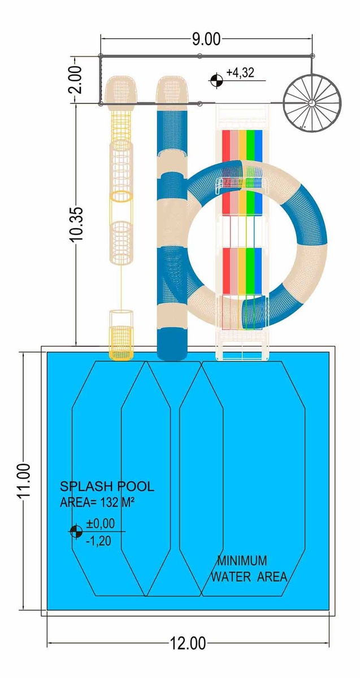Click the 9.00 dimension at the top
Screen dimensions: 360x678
point(206,40)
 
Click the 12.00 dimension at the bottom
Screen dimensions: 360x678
point(188,643)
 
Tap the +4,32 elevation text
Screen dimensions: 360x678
point(240,73)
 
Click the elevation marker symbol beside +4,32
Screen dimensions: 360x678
point(216,80)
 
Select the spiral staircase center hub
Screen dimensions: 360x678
point(311,103)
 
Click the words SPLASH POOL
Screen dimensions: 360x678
point(107,486)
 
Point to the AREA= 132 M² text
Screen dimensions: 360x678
point(97,502)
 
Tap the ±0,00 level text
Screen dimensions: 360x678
point(101,523)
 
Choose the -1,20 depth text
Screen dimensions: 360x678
point(98,541)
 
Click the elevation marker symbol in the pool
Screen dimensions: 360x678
point(76,531)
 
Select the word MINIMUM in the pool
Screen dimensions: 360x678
point(242,560)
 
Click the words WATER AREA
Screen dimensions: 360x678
point(249,577)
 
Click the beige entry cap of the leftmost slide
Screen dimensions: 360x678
point(121,92)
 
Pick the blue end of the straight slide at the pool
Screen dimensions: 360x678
point(172,345)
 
